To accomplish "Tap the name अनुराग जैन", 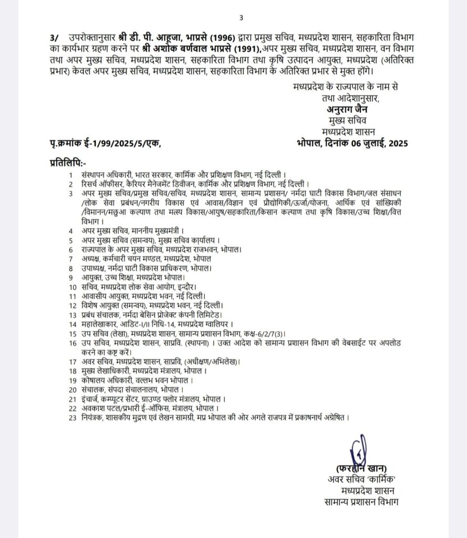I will pos(345,110).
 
